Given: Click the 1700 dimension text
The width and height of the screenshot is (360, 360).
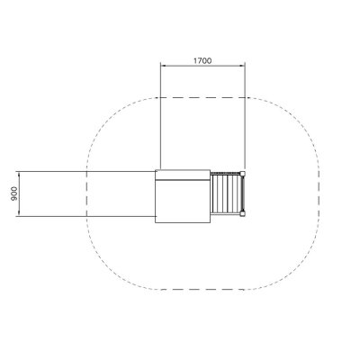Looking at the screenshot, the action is [202, 61].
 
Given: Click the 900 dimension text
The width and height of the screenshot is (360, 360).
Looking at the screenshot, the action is [14, 193].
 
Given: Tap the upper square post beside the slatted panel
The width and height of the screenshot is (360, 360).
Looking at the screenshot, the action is [242, 174].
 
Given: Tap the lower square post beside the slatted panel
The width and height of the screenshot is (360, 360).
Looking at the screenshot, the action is [242, 213].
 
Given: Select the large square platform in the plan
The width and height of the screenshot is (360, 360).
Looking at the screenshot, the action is [183, 196].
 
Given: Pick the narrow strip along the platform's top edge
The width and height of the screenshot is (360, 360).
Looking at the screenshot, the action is [183, 175].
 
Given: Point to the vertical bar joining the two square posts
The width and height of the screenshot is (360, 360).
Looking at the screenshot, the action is [244, 193].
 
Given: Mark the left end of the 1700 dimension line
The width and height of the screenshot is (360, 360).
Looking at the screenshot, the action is [161, 66].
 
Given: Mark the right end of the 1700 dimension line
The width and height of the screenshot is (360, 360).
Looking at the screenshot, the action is [245, 66].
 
